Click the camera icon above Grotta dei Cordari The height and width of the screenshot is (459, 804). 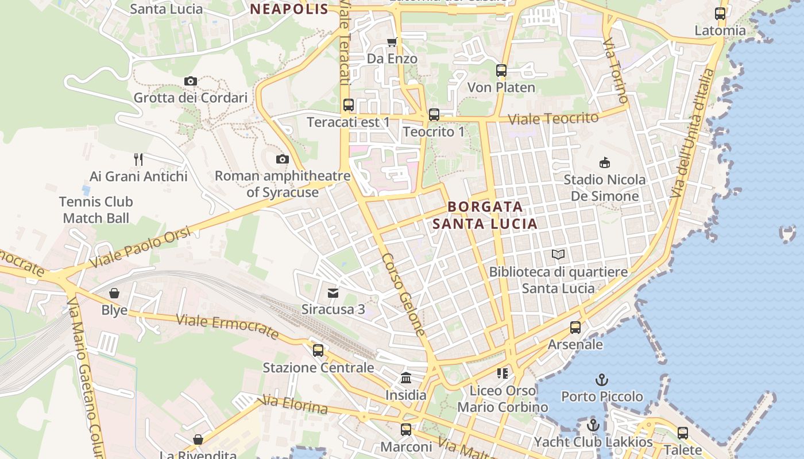click(x=191, y=81)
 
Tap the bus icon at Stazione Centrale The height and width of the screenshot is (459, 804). click(x=318, y=351)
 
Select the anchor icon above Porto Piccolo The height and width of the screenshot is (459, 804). click(x=602, y=380)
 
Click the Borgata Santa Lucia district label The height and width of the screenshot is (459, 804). click(x=485, y=215)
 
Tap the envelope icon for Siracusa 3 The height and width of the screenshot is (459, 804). click(x=333, y=293)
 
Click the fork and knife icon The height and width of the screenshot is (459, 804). click(x=138, y=159)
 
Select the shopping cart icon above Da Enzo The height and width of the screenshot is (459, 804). click(x=392, y=42)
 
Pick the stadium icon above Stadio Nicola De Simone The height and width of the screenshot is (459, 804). click(x=604, y=163)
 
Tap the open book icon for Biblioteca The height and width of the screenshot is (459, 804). click(x=558, y=254)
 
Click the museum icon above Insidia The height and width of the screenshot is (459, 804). click(x=406, y=378)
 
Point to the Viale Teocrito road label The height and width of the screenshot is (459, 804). click(x=554, y=119)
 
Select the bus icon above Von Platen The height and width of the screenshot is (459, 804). click(x=501, y=71)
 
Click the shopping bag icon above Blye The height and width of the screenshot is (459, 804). click(x=114, y=293)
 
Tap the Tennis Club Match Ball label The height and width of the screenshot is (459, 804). click(x=96, y=210)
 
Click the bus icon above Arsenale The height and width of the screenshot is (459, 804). click(x=575, y=328)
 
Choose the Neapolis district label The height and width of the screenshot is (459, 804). click(x=289, y=9)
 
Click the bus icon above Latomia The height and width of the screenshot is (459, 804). click(x=720, y=14)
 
